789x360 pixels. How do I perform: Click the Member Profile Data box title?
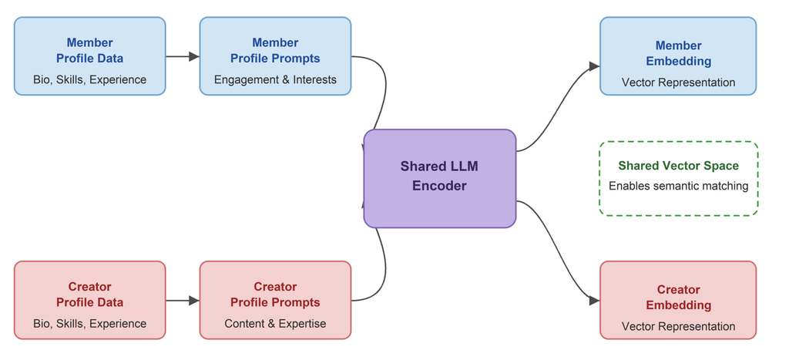pos(89,50)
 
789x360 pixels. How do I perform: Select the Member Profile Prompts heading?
pos(275,50)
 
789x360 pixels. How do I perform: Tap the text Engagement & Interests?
pos(275,79)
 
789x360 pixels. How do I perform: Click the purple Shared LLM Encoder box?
pos(440,179)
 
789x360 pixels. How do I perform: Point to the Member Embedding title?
pos(678,53)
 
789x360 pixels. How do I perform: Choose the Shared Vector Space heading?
pos(678,166)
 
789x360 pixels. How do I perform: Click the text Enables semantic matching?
pos(678,186)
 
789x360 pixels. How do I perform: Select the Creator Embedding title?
pos(678,298)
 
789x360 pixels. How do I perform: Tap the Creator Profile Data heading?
pos(89,294)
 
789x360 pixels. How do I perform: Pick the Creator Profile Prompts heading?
pos(275,294)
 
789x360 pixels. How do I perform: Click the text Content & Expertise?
pos(275,323)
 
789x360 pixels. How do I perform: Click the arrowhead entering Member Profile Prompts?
pos(194,56)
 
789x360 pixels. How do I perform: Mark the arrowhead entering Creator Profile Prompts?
pos(194,301)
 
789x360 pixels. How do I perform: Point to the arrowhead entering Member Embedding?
pos(594,66)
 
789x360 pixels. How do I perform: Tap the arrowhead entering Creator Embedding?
pos(594,301)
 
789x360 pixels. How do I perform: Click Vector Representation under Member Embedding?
pos(678,82)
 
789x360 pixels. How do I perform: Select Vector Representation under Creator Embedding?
pos(678,326)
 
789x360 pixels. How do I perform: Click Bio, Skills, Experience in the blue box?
pos(89,79)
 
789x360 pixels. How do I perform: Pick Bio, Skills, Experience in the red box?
pos(89,323)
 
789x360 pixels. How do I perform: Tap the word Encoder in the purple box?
pos(439,186)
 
